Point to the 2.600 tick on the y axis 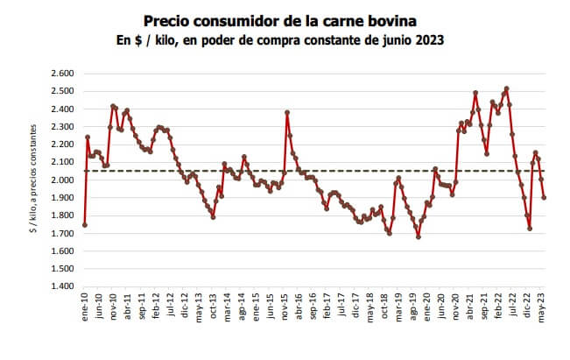point(61,74)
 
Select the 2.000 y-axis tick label point(61,180)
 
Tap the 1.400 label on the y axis point(61,286)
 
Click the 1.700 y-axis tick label point(61,233)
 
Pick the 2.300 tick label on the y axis point(61,127)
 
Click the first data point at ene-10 point(85,225)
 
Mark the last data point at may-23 point(544,197)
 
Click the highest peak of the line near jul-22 point(507,88)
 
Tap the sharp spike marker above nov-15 point(287,112)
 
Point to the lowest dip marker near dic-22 point(530,229)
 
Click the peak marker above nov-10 point(114,106)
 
